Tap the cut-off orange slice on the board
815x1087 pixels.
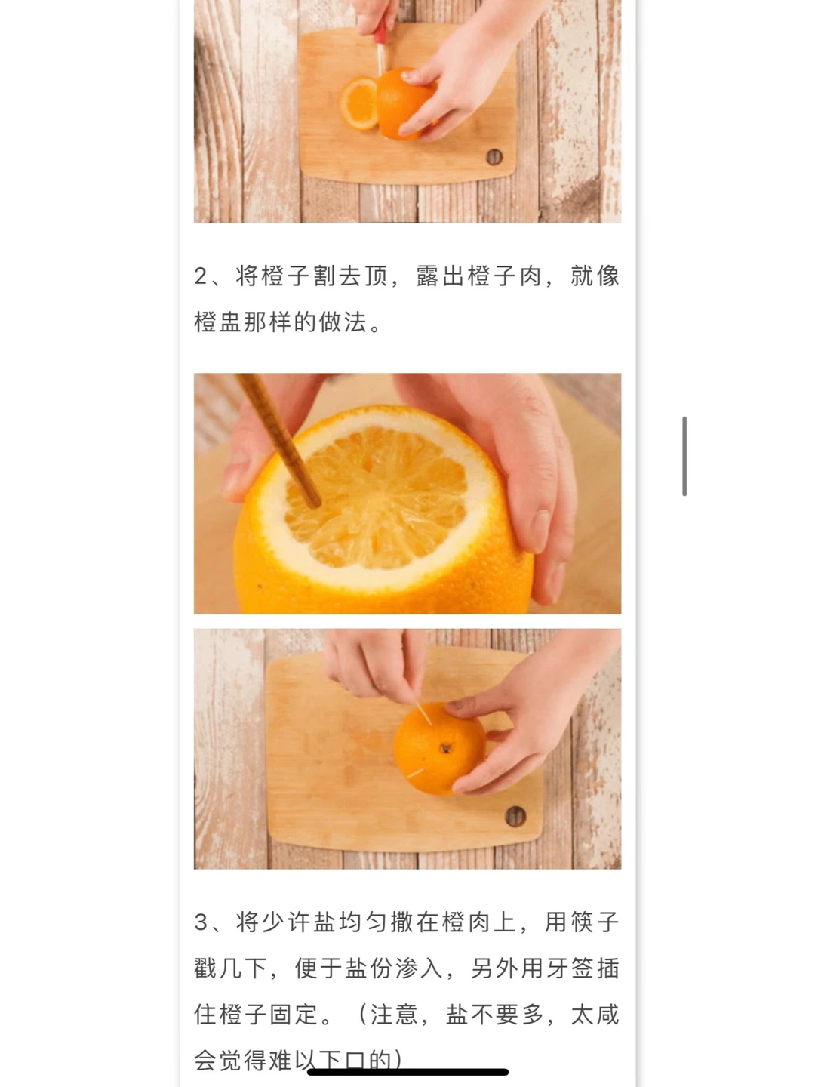click(x=358, y=103)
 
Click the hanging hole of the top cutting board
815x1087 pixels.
click(x=494, y=157)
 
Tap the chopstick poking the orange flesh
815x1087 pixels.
click(x=278, y=440)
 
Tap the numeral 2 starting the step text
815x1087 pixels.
click(x=201, y=276)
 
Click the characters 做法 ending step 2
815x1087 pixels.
click(x=343, y=322)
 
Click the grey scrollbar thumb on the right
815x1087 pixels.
click(x=684, y=456)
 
